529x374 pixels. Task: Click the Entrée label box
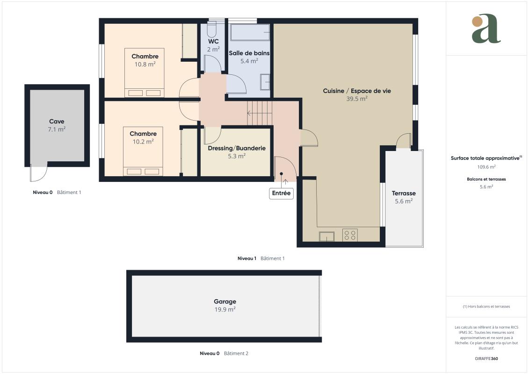point(281,193)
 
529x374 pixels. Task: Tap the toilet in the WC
point(212,29)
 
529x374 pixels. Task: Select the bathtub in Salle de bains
point(250,32)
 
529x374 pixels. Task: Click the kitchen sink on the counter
point(326,237)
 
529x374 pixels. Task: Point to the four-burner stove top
point(350,235)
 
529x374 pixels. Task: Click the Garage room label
point(225,302)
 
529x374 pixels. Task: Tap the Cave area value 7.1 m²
point(57,129)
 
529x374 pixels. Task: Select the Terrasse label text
point(404,193)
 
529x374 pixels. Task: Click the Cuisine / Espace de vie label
point(356,91)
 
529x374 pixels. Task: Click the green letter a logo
point(486,29)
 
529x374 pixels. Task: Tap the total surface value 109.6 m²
point(486,167)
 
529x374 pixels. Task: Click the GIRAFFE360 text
point(486,359)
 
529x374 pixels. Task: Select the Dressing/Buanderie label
point(237,148)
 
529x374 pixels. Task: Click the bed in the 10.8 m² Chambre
point(145,73)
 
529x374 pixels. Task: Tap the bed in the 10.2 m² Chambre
point(143,151)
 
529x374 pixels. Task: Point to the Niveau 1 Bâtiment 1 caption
point(261,259)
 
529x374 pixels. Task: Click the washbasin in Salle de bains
point(265,82)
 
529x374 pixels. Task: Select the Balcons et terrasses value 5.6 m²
point(486,187)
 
